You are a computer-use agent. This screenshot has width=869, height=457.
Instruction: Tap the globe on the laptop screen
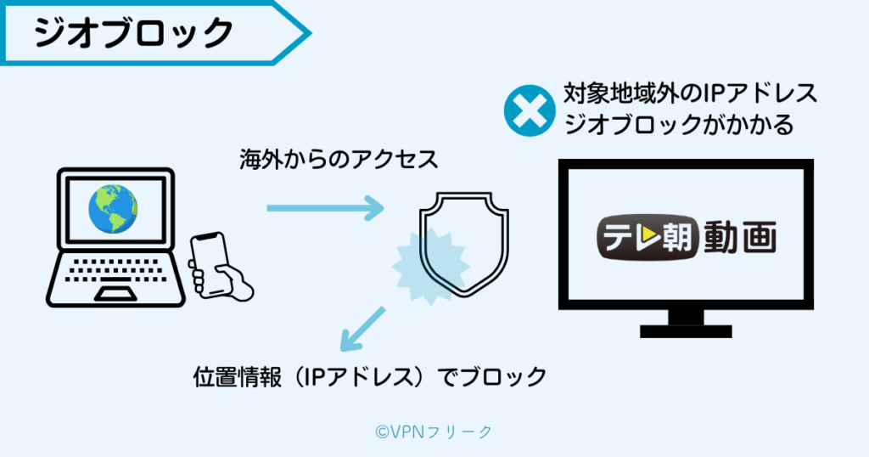pyautogui.click(x=114, y=209)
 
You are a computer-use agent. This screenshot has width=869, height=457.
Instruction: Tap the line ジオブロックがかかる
pyautogui.click(x=678, y=126)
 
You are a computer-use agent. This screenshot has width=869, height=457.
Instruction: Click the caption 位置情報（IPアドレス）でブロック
pyautogui.click(x=370, y=376)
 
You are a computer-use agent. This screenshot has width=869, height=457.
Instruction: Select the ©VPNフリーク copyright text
pyautogui.click(x=434, y=432)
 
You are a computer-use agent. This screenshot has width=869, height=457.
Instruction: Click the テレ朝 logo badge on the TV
pyautogui.click(x=646, y=238)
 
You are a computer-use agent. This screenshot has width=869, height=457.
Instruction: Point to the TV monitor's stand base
pyautogui.click(x=686, y=328)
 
